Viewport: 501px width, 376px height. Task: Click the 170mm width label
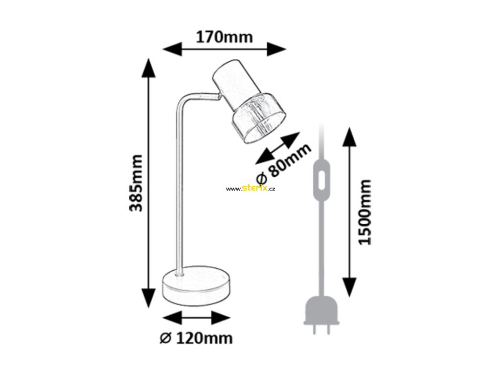(x=224, y=37)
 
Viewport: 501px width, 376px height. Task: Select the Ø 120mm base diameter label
(x=196, y=338)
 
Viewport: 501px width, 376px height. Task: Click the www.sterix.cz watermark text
(x=250, y=188)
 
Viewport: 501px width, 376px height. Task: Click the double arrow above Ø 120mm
(x=196, y=317)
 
